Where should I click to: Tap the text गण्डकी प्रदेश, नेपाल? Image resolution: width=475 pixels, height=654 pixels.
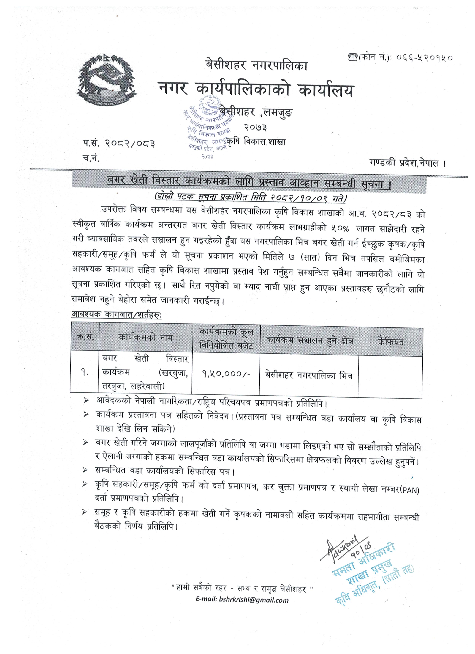click(x=407, y=163)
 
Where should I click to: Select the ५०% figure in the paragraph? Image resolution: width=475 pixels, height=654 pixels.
click(x=338, y=229)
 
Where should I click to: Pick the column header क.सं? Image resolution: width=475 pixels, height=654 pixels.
click(x=85, y=337)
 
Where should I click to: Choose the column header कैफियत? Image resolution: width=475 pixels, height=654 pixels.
click(x=391, y=342)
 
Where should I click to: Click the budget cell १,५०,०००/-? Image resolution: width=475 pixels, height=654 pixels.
click(x=226, y=374)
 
